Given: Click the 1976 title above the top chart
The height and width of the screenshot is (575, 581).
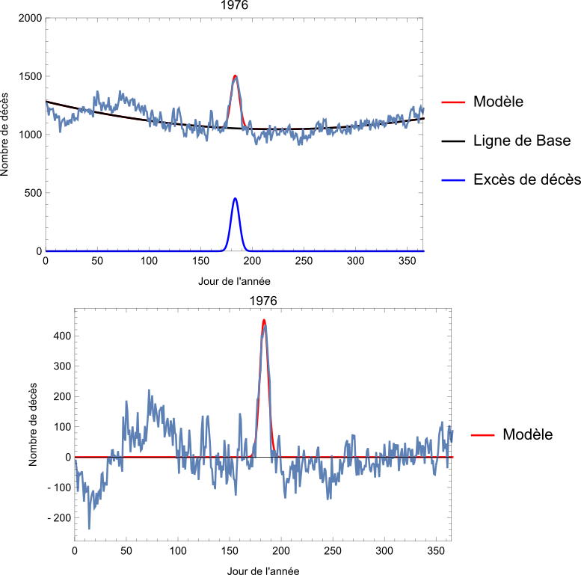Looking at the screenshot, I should pyautogui.click(x=234, y=6).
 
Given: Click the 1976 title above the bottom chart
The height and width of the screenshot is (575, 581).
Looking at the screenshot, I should pyautogui.click(x=263, y=301).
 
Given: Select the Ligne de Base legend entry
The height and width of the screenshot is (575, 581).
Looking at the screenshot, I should pyautogui.click(x=521, y=141).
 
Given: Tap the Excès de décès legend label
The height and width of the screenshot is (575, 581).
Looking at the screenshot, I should pyautogui.click(x=526, y=179).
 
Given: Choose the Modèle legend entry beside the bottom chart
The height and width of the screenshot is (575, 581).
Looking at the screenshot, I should pyautogui.click(x=527, y=434).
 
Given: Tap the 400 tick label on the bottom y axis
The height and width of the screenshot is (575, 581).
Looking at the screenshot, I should pyautogui.click(x=61, y=336).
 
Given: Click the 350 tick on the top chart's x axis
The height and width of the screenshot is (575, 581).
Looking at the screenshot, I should pyautogui.click(x=408, y=260).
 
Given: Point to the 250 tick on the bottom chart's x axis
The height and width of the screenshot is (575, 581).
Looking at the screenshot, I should pyautogui.click(x=333, y=550).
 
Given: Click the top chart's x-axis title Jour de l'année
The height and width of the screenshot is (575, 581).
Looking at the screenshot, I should pyautogui.click(x=234, y=281).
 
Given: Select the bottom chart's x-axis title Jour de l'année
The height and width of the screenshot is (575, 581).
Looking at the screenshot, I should pyautogui.click(x=263, y=571).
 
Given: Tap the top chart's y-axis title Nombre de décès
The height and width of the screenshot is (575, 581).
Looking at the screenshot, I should pyautogui.click(x=7, y=135).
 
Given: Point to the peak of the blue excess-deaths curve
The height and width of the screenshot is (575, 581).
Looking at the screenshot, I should pyautogui.click(x=235, y=199).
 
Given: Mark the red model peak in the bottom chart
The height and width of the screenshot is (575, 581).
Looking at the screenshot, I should pyautogui.click(x=264, y=321).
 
